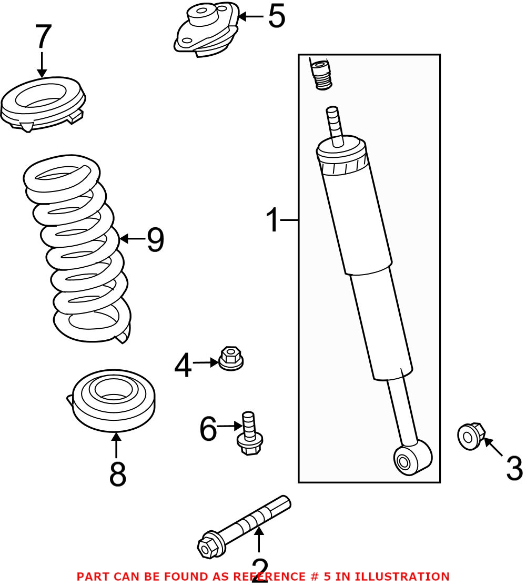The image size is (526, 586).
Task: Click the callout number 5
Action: pos(276,17)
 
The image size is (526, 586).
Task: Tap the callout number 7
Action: pos(43,38)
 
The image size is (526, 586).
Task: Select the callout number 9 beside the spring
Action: pos(155,240)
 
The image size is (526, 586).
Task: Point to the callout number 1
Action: pos(272,220)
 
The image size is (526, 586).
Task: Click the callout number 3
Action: pos(514,468)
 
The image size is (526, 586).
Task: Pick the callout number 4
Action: pos(183,366)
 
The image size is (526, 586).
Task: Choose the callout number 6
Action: pos(208,429)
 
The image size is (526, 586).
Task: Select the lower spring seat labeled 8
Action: pos(113,400)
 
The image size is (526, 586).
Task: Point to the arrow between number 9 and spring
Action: pos(131,239)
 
